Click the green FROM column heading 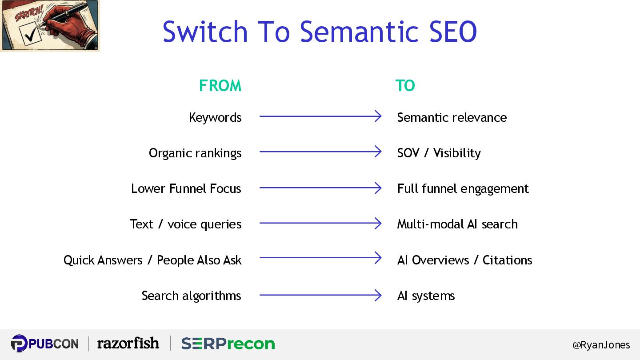click(x=220, y=85)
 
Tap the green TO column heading click(x=405, y=85)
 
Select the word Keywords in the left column click(x=215, y=117)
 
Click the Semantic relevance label click(x=452, y=117)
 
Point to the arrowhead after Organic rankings click(x=378, y=152)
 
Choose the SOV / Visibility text click(x=439, y=153)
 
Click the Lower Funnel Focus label click(x=186, y=188)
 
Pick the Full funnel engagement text click(x=463, y=188)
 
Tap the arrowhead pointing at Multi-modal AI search click(x=378, y=223)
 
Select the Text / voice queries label click(x=185, y=224)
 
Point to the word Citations click(x=507, y=260)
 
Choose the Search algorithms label click(x=191, y=296)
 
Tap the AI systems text click(x=426, y=296)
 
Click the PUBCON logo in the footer click(x=44, y=344)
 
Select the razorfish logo click(x=128, y=343)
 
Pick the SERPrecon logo click(x=228, y=344)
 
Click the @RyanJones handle click(x=601, y=345)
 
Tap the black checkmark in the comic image click(x=31, y=36)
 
